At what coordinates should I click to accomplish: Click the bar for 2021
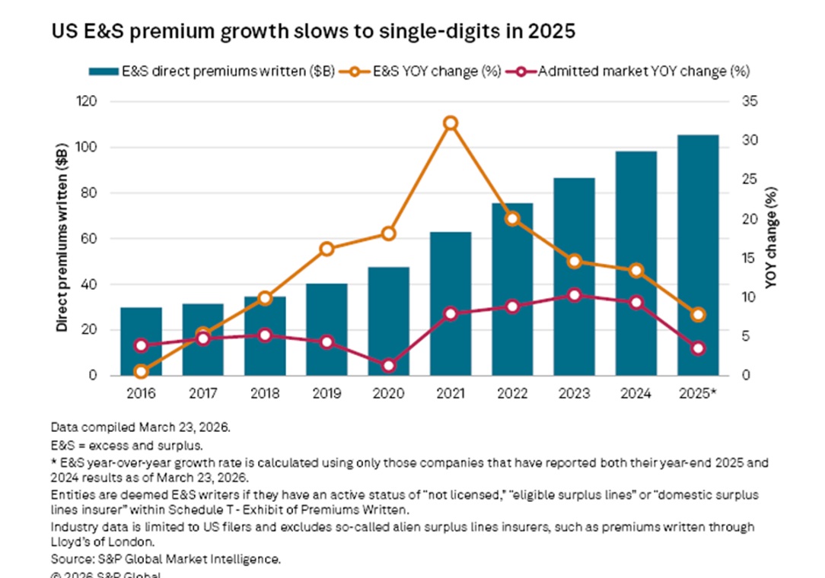point(451,304)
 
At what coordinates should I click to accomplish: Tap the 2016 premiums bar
point(142,341)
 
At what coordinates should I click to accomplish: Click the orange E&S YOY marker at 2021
point(451,123)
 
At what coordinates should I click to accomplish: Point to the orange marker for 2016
point(142,371)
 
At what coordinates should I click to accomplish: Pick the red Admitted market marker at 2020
point(389,365)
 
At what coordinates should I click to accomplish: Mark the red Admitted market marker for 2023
point(575,295)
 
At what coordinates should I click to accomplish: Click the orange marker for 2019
point(326,249)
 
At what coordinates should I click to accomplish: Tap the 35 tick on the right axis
point(750,102)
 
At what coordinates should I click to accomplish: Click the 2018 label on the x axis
point(265,394)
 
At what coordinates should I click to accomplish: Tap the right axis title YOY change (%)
point(770,239)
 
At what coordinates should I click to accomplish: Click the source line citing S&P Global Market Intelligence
point(166,559)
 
